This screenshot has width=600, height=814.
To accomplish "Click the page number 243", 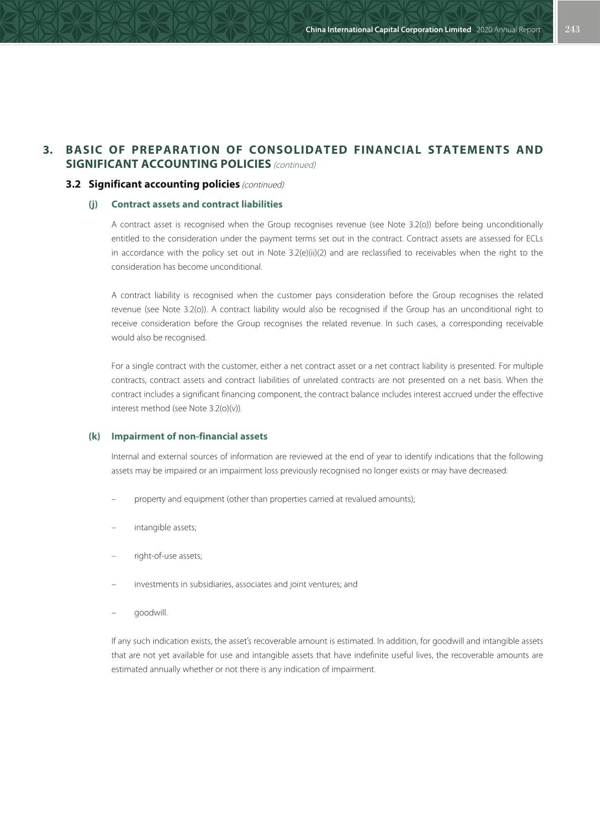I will [x=572, y=29].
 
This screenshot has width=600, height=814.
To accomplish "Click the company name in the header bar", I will [x=388, y=30].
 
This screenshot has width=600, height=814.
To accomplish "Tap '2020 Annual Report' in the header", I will [x=508, y=30].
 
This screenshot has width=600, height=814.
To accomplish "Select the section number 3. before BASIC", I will [x=48, y=150].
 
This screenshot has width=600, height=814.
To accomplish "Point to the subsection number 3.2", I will [x=73, y=184].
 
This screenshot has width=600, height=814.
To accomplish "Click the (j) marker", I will [x=93, y=205].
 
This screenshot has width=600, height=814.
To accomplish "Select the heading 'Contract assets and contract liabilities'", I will [x=197, y=205].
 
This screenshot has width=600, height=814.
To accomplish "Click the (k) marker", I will [x=94, y=436].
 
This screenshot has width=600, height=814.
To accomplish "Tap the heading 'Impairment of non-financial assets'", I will [x=189, y=436].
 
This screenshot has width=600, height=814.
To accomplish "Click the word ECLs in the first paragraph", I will [x=534, y=239].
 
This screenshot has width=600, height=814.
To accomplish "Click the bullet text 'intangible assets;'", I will [x=165, y=528].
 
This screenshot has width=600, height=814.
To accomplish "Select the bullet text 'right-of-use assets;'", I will [x=168, y=556].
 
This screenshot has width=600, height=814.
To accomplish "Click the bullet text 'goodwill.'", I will [x=151, y=613].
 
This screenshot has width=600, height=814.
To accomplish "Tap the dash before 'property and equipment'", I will [x=113, y=499].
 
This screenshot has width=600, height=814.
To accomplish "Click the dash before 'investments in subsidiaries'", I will [x=113, y=585].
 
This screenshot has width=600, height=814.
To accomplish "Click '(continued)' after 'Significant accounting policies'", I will [x=263, y=185].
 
